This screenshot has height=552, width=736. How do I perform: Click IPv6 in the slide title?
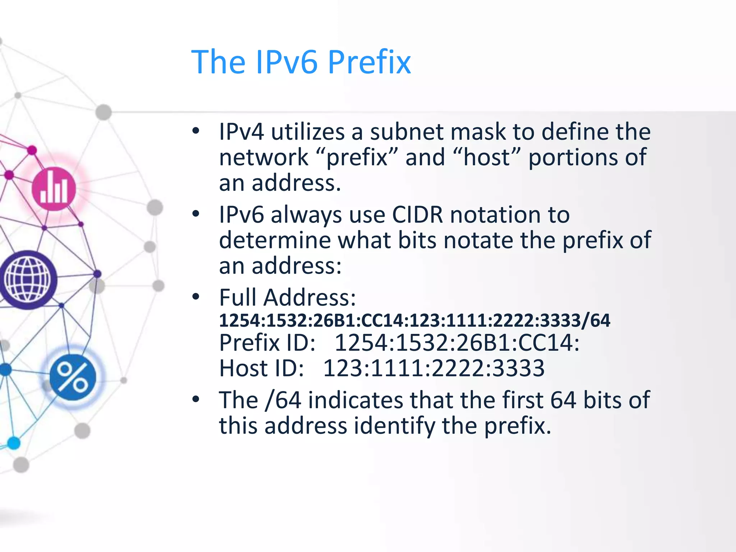pyautogui.click(x=286, y=62)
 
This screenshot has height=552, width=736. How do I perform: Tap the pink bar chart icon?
pyautogui.click(x=54, y=189)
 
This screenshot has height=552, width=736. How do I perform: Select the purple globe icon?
pyautogui.click(x=28, y=280)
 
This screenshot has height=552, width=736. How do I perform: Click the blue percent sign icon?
pyautogui.click(x=73, y=377)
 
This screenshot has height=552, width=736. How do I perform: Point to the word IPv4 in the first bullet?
pyautogui.click(x=241, y=132)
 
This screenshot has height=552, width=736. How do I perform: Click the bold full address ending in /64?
pyautogui.click(x=414, y=320)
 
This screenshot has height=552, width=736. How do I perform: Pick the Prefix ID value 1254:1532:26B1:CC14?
pyautogui.click(x=457, y=342)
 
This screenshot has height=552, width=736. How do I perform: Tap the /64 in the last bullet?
pyautogui.click(x=283, y=400)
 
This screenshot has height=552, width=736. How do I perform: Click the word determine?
pyautogui.click(x=275, y=240)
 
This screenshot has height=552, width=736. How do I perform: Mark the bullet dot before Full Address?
pyautogui.click(x=195, y=297)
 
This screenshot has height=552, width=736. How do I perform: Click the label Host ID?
pyautogui.click(x=262, y=368)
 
